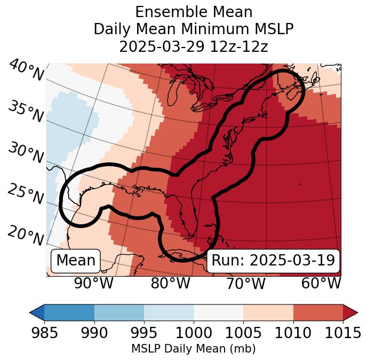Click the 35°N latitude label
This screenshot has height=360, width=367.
point(25,111)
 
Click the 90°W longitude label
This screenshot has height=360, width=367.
point(94,283)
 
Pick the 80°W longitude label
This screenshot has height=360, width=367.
point(170,283)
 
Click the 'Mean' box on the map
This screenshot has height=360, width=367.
point(76,261)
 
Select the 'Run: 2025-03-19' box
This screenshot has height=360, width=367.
point(273,261)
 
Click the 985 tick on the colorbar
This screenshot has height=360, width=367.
point(44,333)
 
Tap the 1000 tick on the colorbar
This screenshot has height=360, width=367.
point(194,333)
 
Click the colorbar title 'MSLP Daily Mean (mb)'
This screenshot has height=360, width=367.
point(193,349)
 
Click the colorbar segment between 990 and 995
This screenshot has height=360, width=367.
point(119,312)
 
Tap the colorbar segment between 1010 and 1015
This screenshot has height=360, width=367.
point(318,312)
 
